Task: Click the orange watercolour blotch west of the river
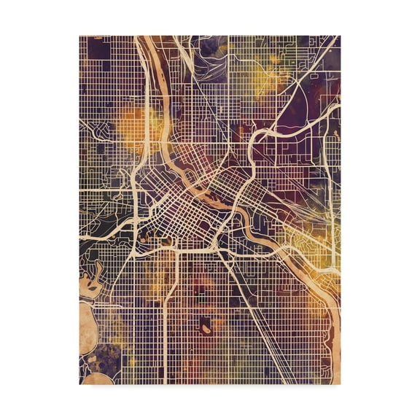click(136, 121)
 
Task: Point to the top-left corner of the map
click(79, 36)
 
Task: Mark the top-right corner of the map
click(340, 36)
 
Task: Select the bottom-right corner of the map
click(340, 384)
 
